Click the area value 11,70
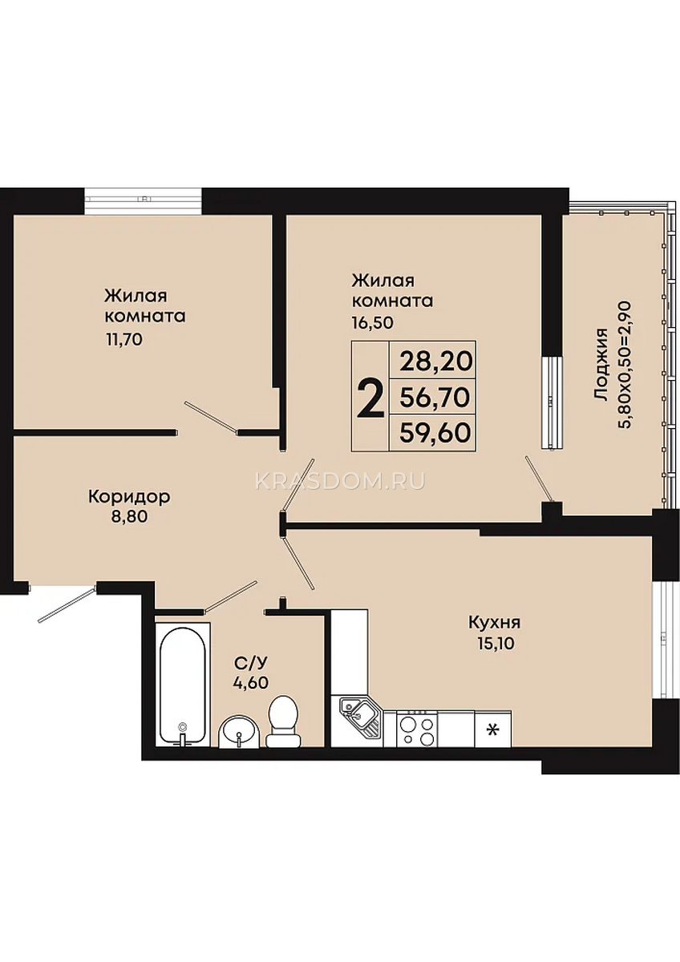click(123, 340)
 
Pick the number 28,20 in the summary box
click(435, 362)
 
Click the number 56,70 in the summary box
click(435, 398)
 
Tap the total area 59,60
click(435, 433)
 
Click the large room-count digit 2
click(370, 400)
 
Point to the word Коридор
click(129, 497)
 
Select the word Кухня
click(495, 623)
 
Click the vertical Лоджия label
click(602, 366)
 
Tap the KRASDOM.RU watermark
click(340, 482)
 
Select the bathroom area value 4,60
click(252, 682)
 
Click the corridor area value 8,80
click(129, 516)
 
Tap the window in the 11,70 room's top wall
click(143, 201)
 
